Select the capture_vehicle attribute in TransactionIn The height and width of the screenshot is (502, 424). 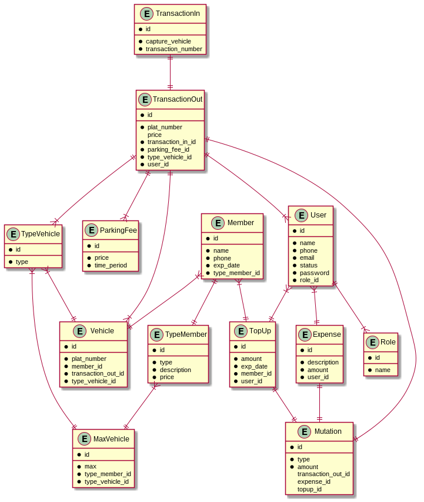[x=168, y=41]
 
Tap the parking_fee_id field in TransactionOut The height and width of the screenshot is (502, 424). [x=168, y=149]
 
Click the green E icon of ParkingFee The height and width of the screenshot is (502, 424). [x=91, y=230]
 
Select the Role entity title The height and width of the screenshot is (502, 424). [x=388, y=342]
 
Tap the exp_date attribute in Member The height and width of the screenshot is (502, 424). [x=227, y=266]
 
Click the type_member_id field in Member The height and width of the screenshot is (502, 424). [x=236, y=273]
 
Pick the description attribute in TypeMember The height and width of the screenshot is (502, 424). [x=175, y=370]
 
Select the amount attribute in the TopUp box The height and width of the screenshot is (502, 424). [x=251, y=359]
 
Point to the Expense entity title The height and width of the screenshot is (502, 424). [x=327, y=334]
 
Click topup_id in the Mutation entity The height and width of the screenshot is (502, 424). [x=309, y=489]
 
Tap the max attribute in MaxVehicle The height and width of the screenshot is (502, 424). [x=90, y=466]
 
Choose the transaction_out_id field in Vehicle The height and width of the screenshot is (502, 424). [x=98, y=373]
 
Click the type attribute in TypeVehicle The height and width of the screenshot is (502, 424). [x=22, y=262]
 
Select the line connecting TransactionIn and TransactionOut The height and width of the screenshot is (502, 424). [x=170, y=72]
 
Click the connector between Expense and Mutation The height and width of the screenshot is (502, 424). [x=319, y=402]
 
